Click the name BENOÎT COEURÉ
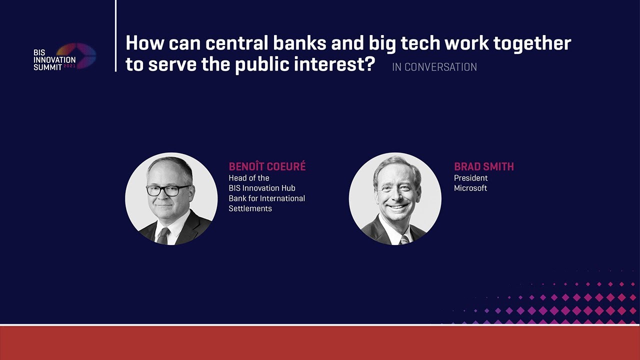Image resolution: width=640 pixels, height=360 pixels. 267,166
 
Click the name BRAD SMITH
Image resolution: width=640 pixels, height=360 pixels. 483,166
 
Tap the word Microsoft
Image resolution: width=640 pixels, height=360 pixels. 470,188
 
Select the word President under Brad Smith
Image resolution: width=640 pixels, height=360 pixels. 470,178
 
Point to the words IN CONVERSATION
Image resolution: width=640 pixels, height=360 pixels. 434,67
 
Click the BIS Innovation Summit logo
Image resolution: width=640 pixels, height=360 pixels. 64,56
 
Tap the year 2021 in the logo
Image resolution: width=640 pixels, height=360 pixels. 69,66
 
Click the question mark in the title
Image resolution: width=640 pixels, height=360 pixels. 369,63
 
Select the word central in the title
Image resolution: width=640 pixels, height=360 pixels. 237,43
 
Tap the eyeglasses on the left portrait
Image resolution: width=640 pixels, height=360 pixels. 168,190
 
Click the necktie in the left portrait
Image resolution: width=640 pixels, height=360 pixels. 163,235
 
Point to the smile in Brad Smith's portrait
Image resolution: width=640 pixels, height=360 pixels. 397,206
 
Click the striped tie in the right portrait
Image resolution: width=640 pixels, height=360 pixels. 404,239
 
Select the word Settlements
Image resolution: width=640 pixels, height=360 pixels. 250,208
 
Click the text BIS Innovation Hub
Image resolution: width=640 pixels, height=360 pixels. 262,188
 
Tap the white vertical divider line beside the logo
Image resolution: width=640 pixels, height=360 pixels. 115,35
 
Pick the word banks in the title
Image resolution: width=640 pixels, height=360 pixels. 299,43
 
